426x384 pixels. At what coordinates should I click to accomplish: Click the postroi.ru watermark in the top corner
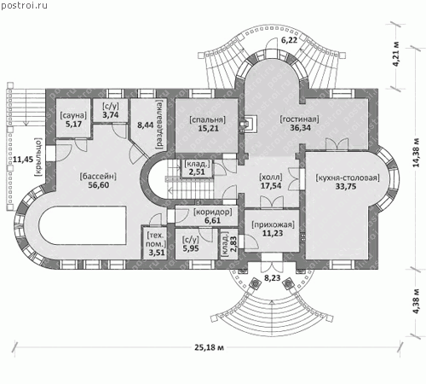pyautogui.click(x=24, y=5)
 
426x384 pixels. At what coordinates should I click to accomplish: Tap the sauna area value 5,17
pyautogui.click(x=73, y=125)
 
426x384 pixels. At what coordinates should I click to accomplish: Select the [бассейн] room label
pyautogui.click(x=98, y=177)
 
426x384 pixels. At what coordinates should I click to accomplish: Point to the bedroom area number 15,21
pyautogui.click(x=208, y=128)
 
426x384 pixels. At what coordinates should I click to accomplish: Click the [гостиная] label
pyautogui.click(x=300, y=119)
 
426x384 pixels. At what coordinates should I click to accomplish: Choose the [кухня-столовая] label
pyautogui.click(x=348, y=177)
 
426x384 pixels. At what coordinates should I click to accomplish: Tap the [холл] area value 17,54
pyautogui.click(x=271, y=186)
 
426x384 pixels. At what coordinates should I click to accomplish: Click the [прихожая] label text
pyautogui.click(x=273, y=224)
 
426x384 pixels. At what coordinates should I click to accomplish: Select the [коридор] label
pyautogui.click(x=213, y=212)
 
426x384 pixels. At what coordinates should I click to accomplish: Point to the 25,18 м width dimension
pyautogui.click(x=209, y=347)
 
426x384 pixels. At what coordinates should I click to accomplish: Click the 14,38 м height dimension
pyautogui.click(x=416, y=153)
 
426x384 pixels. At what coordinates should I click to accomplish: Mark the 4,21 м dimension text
pyautogui.click(x=396, y=54)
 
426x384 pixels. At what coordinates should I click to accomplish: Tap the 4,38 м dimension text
pyautogui.click(x=416, y=301)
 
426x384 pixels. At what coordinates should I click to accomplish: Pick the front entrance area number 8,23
pyautogui.click(x=273, y=278)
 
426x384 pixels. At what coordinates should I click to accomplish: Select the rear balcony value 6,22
pyautogui.click(x=289, y=40)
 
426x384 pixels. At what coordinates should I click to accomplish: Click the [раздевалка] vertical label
pyautogui.click(x=159, y=125)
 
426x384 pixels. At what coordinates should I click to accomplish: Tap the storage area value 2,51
pyautogui.click(x=197, y=172)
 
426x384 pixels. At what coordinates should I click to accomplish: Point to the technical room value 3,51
pyautogui.click(x=157, y=253)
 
